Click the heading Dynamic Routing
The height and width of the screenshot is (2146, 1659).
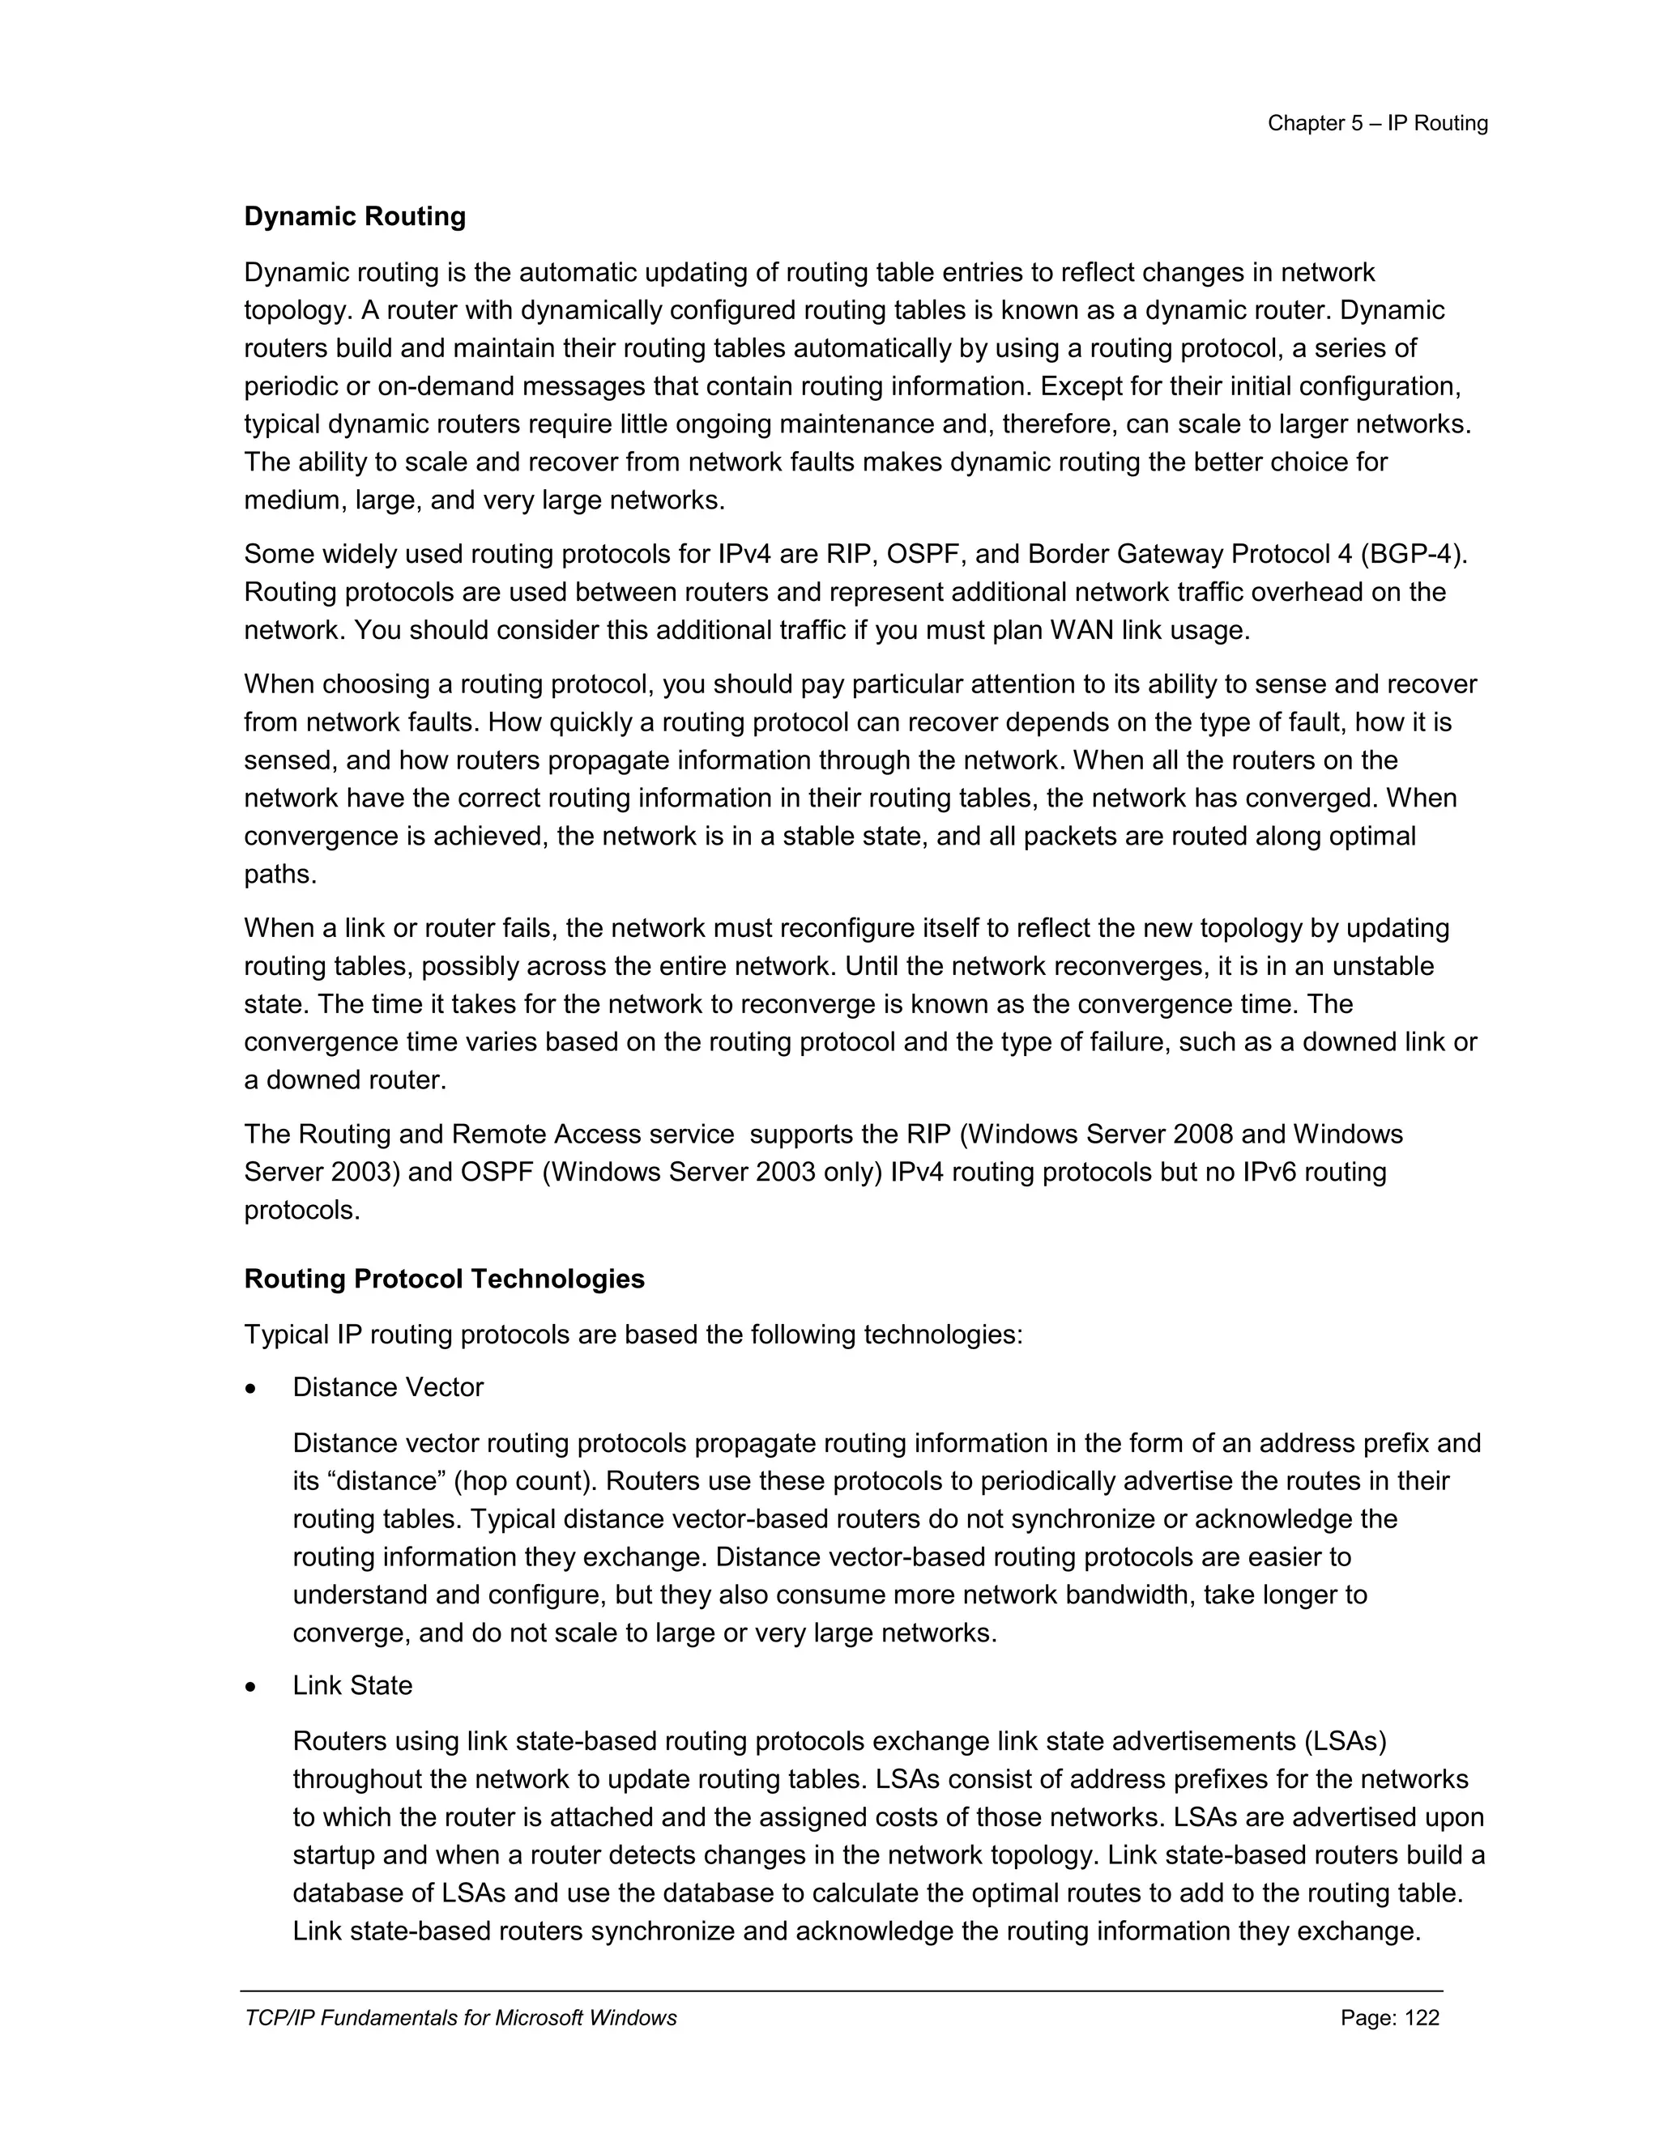pyautogui.click(x=355, y=216)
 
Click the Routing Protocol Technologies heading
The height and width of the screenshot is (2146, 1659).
pyautogui.click(x=444, y=1279)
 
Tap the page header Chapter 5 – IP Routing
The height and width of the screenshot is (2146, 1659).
pyautogui.click(x=1377, y=123)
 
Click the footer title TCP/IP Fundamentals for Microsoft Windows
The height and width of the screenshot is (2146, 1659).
pyautogui.click(x=460, y=2017)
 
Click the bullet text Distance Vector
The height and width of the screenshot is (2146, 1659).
pyautogui.click(x=387, y=1387)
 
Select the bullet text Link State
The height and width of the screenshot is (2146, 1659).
pyautogui.click(x=352, y=1685)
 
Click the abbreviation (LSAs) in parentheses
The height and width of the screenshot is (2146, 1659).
pyautogui.click(x=1346, y=1741)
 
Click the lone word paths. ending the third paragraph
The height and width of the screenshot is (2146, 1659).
pyautogui.click(x=280, y=875)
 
